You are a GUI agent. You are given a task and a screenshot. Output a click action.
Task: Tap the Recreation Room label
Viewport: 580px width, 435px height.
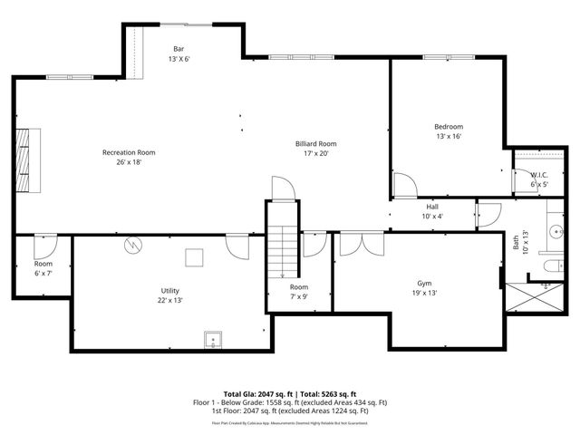[x=129, y=158]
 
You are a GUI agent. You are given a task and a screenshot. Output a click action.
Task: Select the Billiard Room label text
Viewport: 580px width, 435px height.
[x=315, y=149]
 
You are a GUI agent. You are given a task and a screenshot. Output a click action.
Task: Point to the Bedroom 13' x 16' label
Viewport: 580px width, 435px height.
[x=449, y=131]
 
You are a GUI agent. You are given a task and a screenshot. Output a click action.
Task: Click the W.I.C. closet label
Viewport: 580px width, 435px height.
[x=539, y=179]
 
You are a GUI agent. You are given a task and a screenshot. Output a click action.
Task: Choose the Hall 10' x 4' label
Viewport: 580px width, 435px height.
[x=432, y=211]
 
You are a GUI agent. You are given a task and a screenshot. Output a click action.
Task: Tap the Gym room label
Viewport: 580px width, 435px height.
[x=424, y=288]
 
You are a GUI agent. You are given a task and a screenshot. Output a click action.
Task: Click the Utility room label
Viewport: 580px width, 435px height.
[x=169, y=295]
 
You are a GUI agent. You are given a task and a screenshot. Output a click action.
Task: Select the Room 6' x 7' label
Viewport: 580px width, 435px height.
[x=43, y=267]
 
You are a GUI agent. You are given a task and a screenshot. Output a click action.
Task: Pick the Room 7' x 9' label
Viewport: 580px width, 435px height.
[x=299, y=292]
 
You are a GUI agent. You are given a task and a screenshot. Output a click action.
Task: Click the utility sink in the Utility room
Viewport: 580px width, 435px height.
[x=214, y=340]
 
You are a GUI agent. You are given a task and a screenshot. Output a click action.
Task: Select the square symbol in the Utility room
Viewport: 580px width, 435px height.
[x=194, y=258]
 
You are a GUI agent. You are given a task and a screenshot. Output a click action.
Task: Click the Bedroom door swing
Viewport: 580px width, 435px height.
[x=404, y=185]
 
